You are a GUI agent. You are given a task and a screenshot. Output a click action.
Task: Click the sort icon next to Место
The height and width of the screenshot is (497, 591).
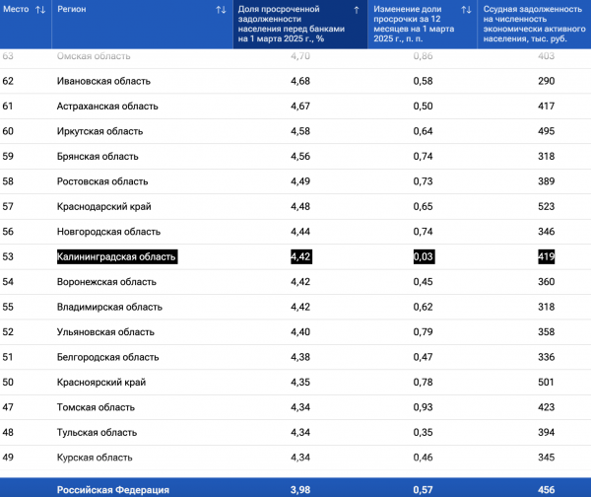click(40, 10)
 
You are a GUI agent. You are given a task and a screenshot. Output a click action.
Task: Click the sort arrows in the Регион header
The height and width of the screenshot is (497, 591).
click(221, 10)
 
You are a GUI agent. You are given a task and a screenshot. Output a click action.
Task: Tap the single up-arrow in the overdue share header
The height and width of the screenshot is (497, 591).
click(357, 10)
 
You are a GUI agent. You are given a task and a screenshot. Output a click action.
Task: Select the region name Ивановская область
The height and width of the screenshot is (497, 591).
click(103, 81)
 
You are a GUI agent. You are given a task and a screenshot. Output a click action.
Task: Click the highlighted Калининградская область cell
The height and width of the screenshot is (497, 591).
click(117, 256)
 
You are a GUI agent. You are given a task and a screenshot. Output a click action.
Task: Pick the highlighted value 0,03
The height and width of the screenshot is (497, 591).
click(424, 256)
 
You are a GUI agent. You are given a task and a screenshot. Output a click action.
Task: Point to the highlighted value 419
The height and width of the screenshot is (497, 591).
click(546, 256)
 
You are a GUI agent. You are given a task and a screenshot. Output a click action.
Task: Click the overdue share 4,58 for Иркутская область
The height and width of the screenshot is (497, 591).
click(300, 131)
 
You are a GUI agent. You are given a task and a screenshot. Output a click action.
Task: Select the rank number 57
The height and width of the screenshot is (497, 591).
click(8, 206)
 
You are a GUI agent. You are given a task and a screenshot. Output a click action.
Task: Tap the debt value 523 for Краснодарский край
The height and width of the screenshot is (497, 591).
click(546, 206)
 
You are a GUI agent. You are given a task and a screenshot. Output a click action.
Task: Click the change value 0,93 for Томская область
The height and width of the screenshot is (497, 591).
click(423, 407)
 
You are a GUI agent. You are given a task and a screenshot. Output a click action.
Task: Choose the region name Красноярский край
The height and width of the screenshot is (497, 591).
click(101, 383)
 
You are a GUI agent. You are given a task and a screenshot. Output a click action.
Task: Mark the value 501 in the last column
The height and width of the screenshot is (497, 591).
click(546, 383)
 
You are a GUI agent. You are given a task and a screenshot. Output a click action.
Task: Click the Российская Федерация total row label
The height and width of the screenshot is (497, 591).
click(113, 490)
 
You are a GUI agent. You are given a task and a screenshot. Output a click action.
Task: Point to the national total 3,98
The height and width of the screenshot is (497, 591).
click(300, 490)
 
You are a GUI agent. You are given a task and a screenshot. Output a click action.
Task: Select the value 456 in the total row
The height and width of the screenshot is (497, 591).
click(546, 490)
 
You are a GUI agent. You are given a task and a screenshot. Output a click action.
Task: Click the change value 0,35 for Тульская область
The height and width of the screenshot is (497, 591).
click(423, 433)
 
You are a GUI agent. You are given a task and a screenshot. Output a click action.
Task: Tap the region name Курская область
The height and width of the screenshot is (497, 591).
click(95, 458)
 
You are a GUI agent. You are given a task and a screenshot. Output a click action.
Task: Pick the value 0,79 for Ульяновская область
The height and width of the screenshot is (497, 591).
click(423, 332)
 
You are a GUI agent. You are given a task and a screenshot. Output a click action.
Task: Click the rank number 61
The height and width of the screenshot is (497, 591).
click(8, 106)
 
